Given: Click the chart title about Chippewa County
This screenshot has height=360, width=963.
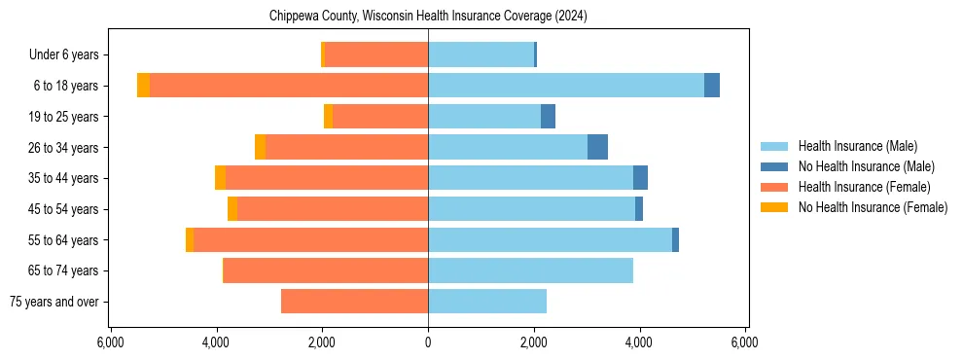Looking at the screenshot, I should [428, 17].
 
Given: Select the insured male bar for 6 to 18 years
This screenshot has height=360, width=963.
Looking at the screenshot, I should [565, 86].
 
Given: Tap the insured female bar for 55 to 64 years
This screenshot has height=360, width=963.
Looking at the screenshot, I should [310, 240].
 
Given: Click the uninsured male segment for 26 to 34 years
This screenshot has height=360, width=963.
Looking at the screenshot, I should [597, 147].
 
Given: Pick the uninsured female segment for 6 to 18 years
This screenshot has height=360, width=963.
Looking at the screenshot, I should [144, 86].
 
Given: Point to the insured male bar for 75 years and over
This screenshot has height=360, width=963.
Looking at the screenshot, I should [487, 302].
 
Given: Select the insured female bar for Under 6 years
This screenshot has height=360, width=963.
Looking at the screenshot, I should [376, 54].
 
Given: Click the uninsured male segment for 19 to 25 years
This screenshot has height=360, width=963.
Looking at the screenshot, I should [548, 117].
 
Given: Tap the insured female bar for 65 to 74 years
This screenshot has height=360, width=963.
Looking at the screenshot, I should [326, 270].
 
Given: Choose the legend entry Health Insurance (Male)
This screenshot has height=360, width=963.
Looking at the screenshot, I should [857, 146].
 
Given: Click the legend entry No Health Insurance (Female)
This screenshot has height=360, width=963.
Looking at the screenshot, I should [873, 207].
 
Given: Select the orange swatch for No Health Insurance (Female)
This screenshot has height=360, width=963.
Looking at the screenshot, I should [774, 207].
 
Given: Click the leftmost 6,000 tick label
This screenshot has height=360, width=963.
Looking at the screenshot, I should [110, 342].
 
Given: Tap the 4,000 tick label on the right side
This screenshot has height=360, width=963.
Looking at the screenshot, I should [639, 342].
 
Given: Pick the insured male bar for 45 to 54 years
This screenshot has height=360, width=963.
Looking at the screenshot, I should [531, 209].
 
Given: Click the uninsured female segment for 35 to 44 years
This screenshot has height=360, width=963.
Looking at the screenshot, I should [221, 178].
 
